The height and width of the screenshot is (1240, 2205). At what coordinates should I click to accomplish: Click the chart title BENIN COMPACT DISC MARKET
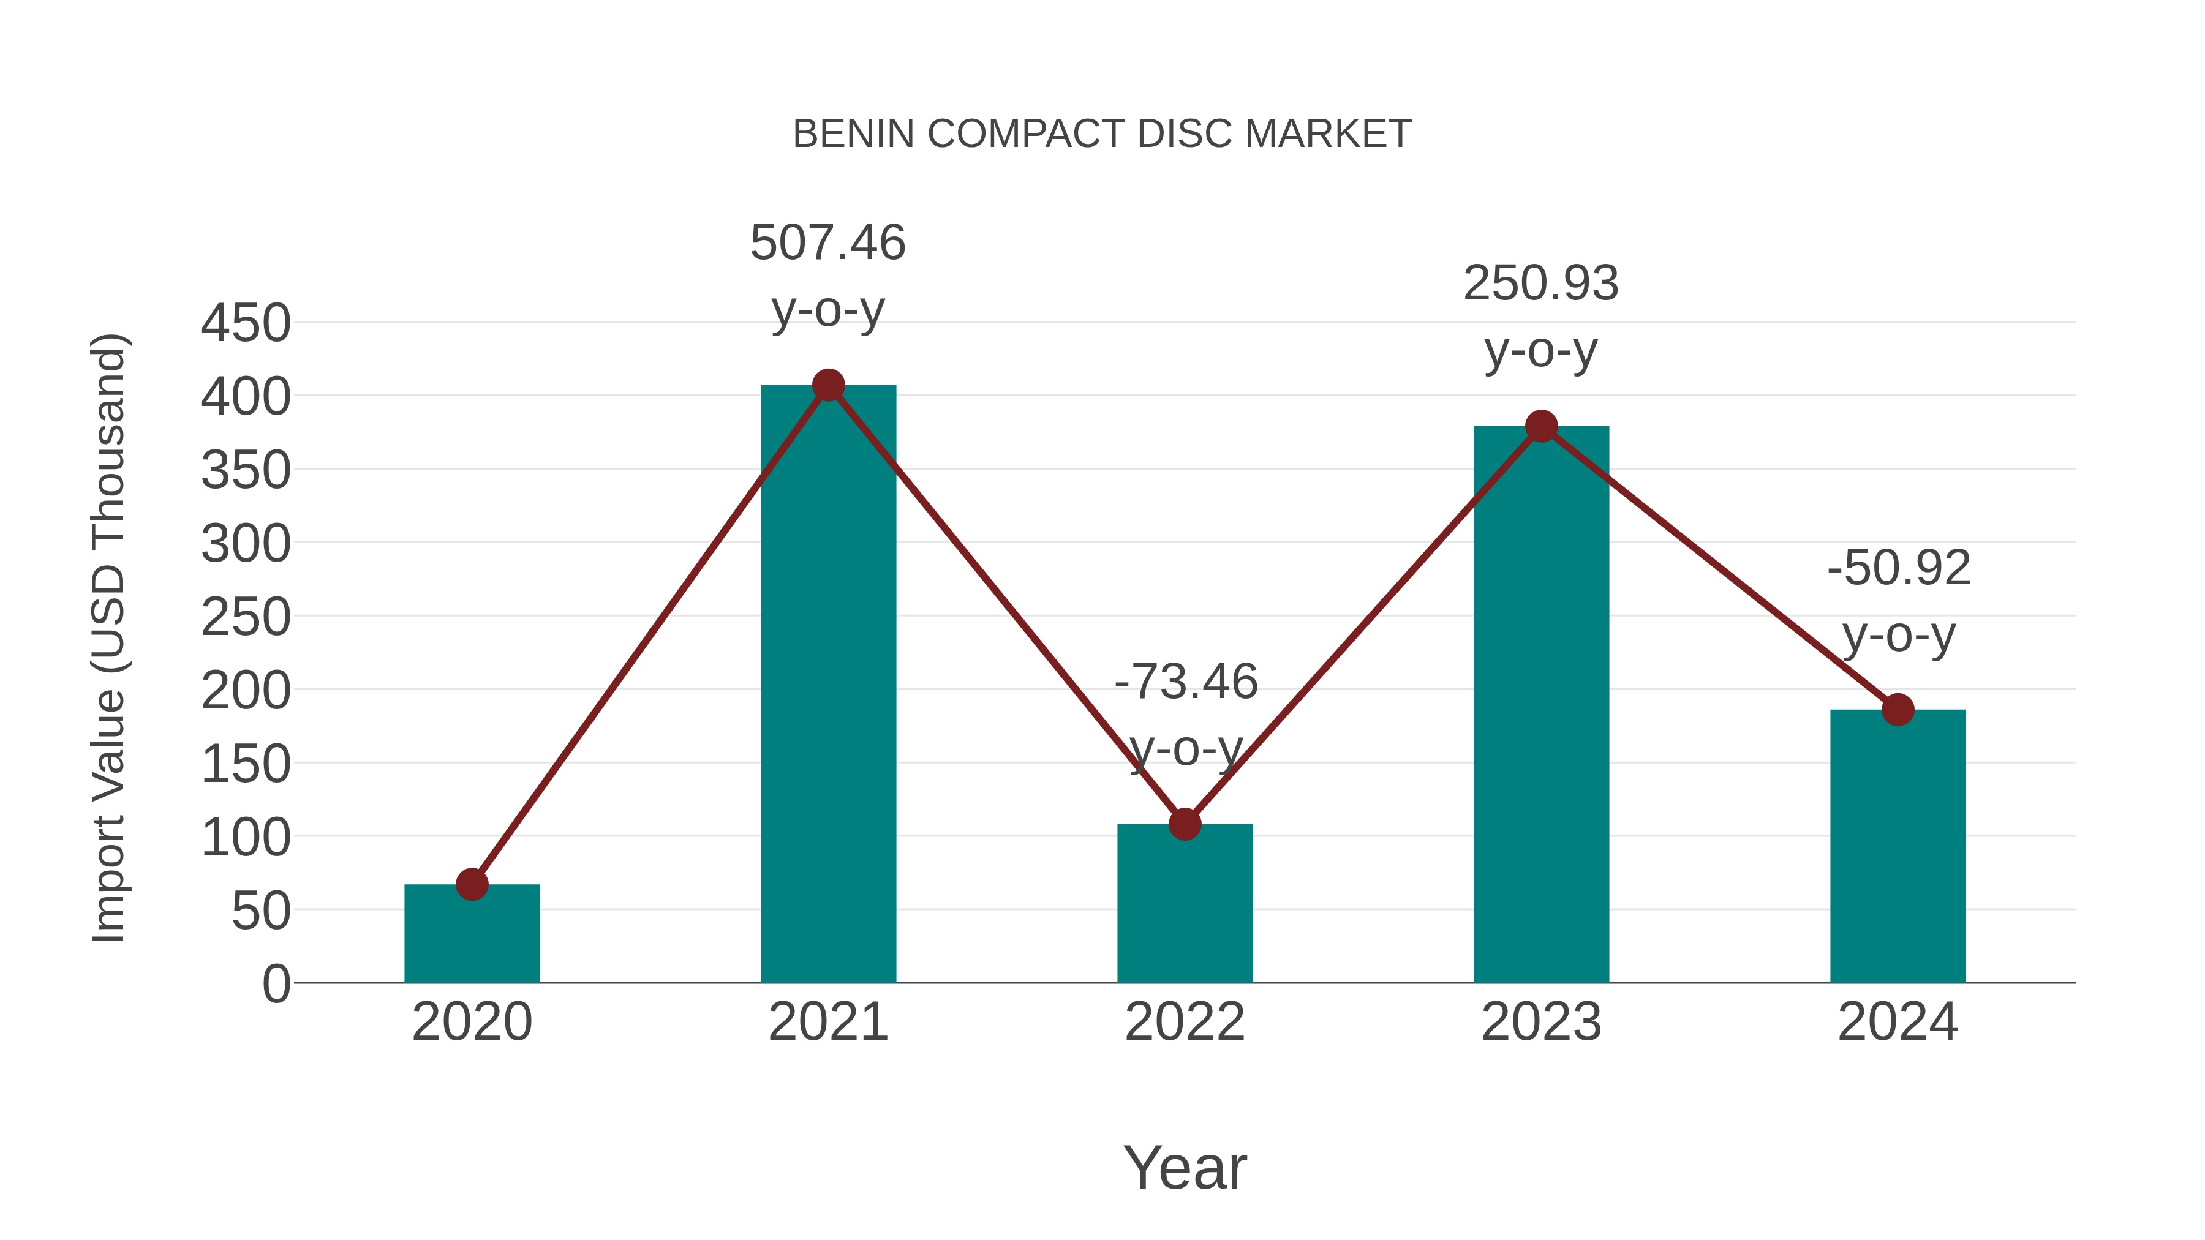(1102, 134)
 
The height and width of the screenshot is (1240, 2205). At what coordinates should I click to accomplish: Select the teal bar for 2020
(472, 937)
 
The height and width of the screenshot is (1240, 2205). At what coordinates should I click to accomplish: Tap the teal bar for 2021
(827, 685)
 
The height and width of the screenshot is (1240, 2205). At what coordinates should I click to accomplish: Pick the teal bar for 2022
(1185, 907)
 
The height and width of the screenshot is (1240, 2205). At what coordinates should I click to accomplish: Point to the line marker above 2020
(472, 885)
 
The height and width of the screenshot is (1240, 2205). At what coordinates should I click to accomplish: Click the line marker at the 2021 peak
(827, 386)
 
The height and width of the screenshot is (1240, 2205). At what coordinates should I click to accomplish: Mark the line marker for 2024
(1898, 710)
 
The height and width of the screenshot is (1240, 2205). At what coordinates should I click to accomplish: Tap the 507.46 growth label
(827, 243)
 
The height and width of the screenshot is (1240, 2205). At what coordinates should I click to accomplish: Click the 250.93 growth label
(1541, 284)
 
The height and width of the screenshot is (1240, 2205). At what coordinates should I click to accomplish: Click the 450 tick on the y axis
(246, 325)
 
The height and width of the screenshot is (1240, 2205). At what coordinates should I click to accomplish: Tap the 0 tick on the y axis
(276, 984)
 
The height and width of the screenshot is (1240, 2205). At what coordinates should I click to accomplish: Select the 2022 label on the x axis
(1185, 1023)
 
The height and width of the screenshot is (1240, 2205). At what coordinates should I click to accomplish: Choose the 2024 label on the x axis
(1898, 1023)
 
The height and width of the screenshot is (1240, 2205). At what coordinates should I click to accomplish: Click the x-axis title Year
(1185, 1168)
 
